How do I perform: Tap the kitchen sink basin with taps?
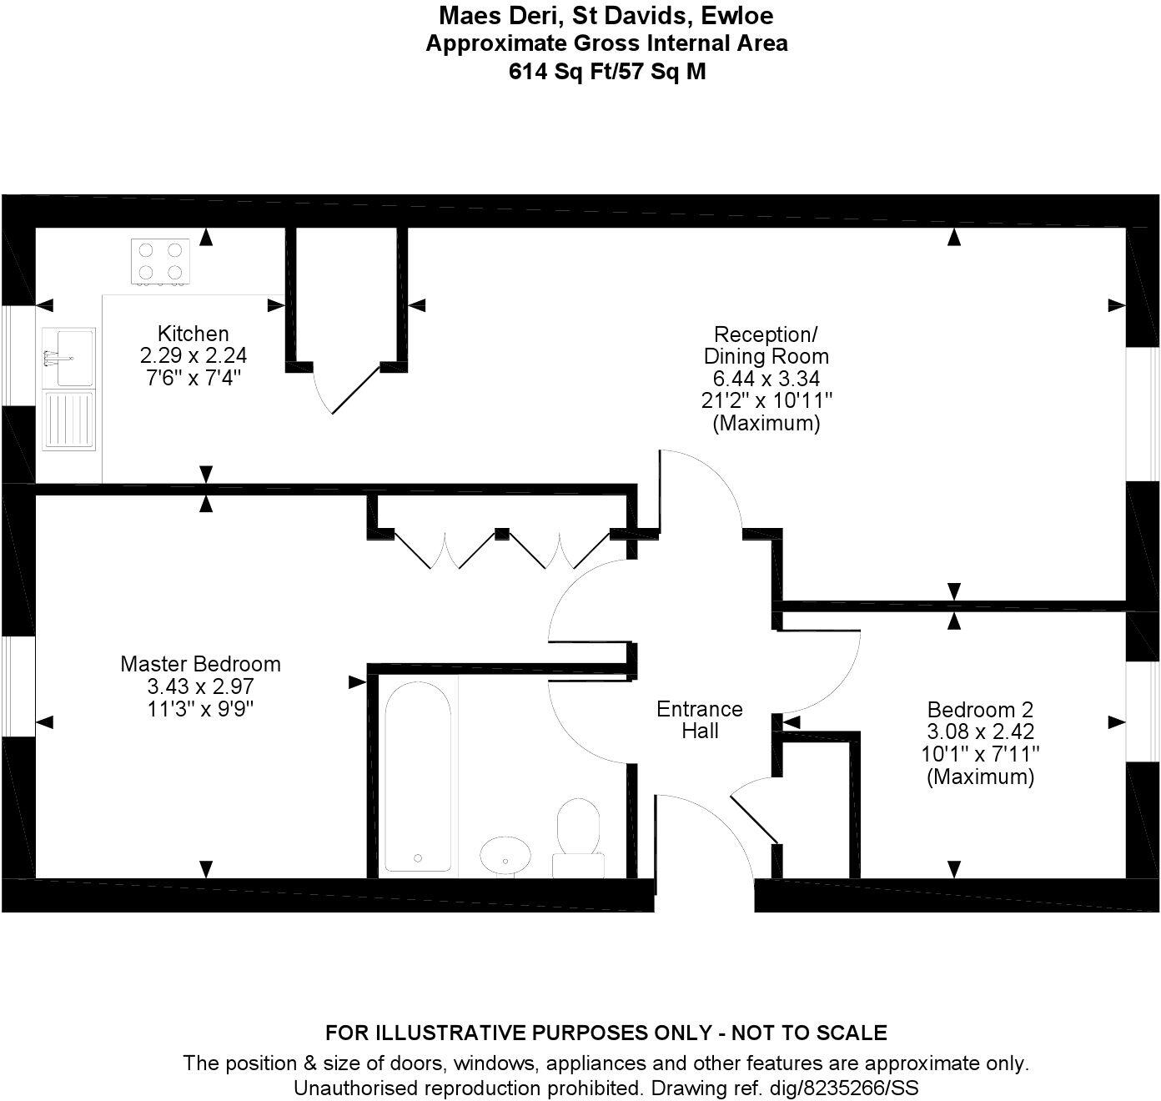click(70, 357)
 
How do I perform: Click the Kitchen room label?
click(193, 334)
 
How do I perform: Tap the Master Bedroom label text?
click(200, 664)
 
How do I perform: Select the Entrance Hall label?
click(699, 720)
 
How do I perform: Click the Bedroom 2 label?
click(980, 710)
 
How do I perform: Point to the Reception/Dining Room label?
click(766, 345)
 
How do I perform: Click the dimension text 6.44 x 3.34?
click(766, 379)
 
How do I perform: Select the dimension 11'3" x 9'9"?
click(200, 709)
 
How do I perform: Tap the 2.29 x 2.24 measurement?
click(193, 355)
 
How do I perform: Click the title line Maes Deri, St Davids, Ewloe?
click(606, 15)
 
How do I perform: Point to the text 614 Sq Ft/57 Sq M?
click(606, 72)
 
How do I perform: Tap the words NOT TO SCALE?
click(808, 1033)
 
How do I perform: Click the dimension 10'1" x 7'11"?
click(980, 754)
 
